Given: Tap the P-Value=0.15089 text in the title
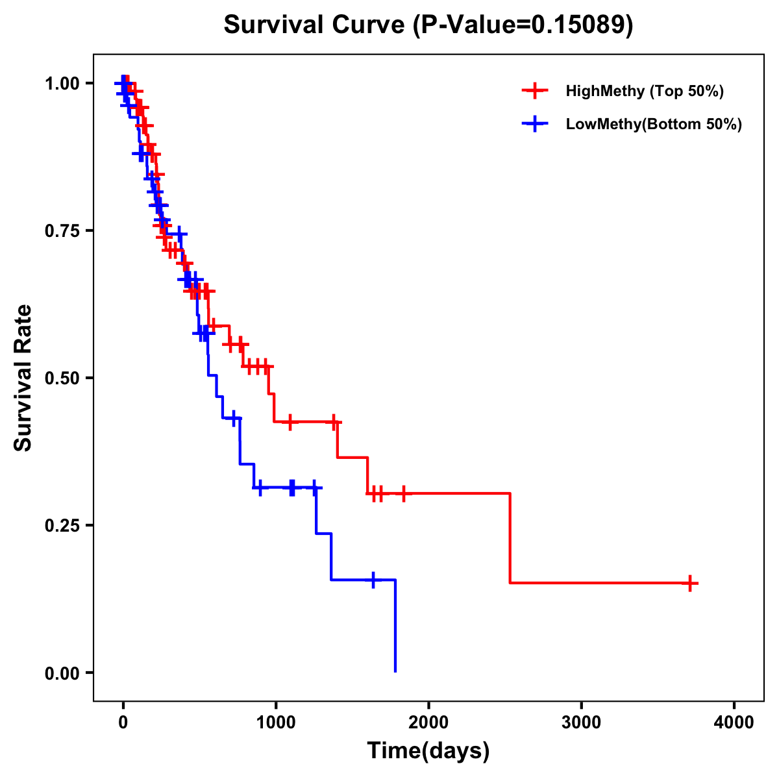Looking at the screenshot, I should (523, 25).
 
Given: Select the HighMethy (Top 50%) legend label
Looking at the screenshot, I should (644, 91).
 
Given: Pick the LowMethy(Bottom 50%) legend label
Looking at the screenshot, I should (654, 124).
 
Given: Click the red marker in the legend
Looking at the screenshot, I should (534, 91).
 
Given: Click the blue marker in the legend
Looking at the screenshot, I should (534, 124).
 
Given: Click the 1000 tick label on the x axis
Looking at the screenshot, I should (275, 723).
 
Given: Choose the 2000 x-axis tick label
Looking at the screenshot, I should (428, 723).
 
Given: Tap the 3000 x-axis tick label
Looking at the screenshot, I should (581, 723).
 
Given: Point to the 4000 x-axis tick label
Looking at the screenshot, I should (734, 723).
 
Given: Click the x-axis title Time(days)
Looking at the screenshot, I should (428, 751).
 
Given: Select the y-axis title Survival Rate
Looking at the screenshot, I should (23, 378).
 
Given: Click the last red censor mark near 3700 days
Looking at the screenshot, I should (690, 583).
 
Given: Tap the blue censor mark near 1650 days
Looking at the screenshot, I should (373, 580).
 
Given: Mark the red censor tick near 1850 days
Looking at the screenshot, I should (403, 494).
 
